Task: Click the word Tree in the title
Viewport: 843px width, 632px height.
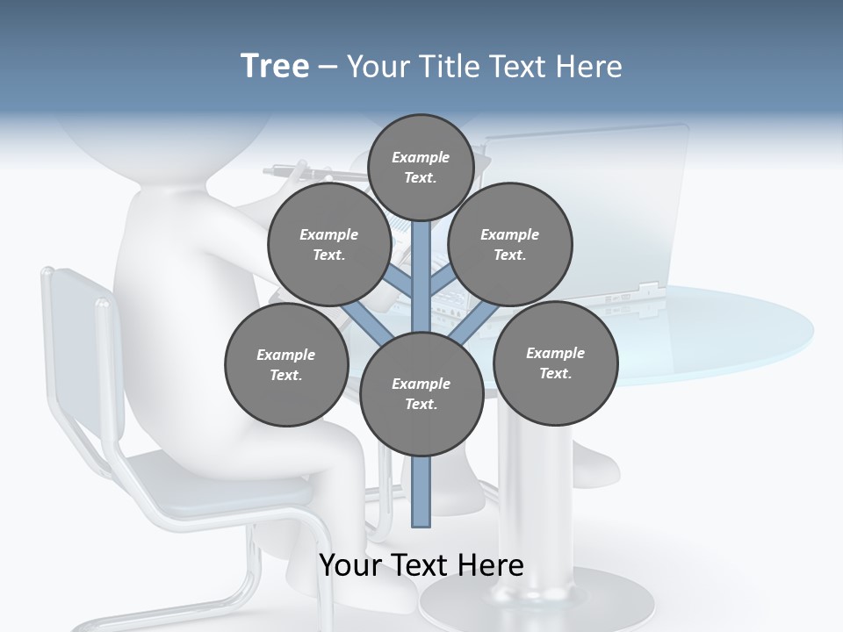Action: (x=275, y=67)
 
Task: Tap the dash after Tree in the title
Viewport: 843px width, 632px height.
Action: (x=328, y=68)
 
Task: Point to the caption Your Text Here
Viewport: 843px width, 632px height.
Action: (x=421, y=565)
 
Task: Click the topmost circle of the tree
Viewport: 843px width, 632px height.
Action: (x=421, y=167)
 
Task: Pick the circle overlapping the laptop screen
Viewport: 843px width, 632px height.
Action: (x=509, y=244)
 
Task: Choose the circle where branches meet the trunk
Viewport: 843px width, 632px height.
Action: (x=421, y=393)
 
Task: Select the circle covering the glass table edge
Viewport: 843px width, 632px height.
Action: (x=555, y=363)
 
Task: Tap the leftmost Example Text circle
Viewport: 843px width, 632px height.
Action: (x=285, y=364)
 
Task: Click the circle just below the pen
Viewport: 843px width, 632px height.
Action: (x=328, y=244)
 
